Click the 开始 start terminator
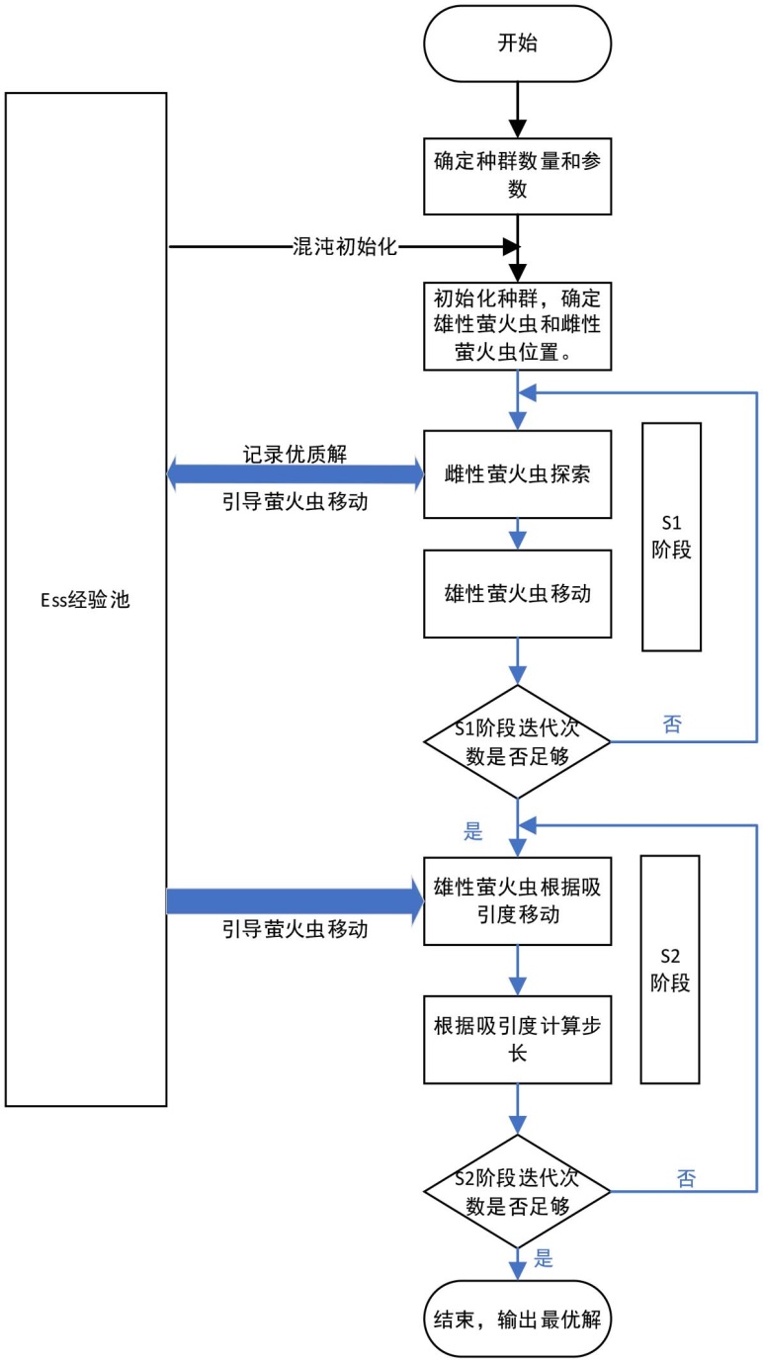click(517, 44)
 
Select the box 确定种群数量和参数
click(517, 174)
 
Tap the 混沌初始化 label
click(345, 247)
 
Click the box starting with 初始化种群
click(517, 326)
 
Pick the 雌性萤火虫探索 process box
click(517, 473)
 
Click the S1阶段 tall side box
click(671, 537)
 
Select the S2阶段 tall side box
click(671, 970)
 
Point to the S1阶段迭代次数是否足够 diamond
click(517, 741)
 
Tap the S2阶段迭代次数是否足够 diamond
click(517, 1190)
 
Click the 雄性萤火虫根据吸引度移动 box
click(517, 900)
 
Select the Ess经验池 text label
click(86, 599)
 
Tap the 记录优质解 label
click(295, 454)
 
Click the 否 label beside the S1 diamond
click(672, 724)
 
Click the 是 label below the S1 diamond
click(473, 831)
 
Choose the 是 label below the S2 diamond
click(543, 1259)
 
